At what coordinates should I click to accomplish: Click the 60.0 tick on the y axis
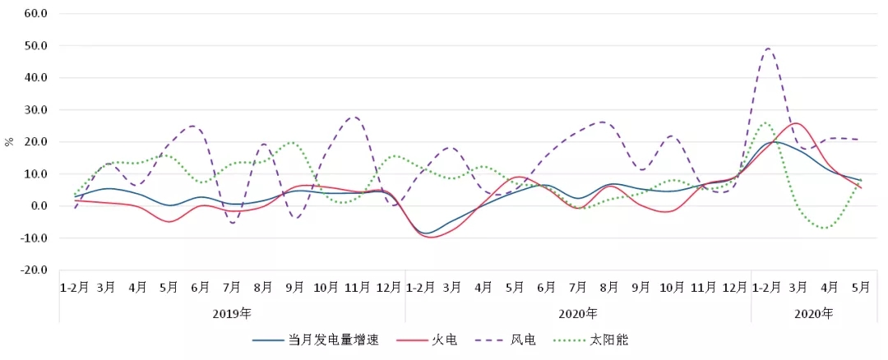coord(37,14)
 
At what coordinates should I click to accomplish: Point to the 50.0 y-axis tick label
coord(37,46)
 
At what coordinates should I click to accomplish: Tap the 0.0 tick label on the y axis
coord(39,206)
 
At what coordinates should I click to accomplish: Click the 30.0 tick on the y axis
coord(37,110)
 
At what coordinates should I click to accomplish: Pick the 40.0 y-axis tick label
coord(37,78)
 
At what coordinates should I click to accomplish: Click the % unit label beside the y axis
coord(9,141)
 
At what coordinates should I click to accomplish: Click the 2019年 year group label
coord(232,313)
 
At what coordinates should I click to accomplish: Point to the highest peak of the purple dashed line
coord(769,48)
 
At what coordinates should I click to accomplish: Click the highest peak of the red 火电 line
coord(796,123)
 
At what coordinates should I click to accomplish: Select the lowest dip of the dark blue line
coord(427,233)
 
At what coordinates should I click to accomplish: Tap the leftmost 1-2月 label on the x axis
coord(75,287)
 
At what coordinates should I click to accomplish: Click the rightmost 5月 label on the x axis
coord(861,287)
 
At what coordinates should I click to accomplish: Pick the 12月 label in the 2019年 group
coord(389,287)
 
